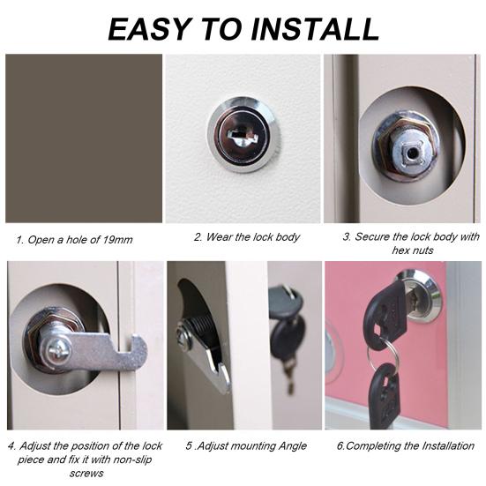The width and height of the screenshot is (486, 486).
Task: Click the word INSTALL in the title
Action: click(x=315, y=29)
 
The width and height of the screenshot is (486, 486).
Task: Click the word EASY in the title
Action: click(x=149, y=29)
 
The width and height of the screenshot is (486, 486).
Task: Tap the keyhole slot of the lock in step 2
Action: click(x=243, y=136)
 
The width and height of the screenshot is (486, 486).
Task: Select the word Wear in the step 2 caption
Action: click(x=219, y=237)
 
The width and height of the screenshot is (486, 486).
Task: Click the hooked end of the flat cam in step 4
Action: click(x=137, y=348)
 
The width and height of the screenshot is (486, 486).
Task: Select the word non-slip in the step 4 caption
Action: click(x=132, y=459)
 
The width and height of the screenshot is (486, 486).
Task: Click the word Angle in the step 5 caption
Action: click(x=292, y=446)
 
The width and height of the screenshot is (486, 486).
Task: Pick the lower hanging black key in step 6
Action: click(x=385, y=393)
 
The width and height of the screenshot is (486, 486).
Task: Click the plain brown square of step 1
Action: click(x=84, y=138)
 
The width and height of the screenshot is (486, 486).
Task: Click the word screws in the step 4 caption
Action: click(x=86, y=474)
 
